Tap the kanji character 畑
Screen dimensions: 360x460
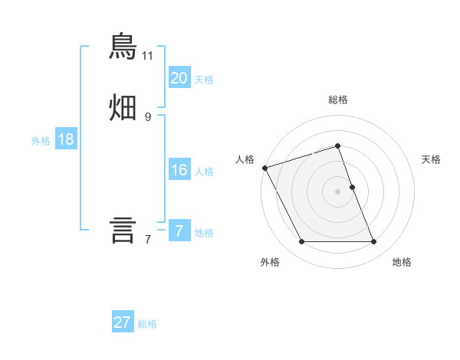pos(123,107)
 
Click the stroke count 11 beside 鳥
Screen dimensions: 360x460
pos(148,56)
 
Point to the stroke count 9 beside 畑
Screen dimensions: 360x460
pos(148,116)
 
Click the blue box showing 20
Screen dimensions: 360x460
pos(179,77)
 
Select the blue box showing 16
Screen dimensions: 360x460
pos(179,170)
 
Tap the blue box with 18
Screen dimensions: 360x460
pos(65,139)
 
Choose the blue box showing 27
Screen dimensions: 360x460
pos(123,322)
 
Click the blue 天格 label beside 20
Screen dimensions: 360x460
pos(204,80)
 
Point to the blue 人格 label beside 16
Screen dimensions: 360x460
pos(204,172)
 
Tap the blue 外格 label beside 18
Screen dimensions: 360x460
pos(41,141)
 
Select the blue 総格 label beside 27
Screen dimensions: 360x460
pos(147,325)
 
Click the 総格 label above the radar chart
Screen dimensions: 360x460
pos(338,100)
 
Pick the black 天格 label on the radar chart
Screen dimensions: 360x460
pos(432,159)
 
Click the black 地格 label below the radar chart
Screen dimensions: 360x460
pos(402,263)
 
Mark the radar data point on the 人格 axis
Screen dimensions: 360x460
pos(264,168)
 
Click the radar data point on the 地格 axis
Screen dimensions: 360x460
pos(374,242)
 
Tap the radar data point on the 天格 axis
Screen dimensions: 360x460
pos(352,186)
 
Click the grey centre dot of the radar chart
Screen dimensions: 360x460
pos(338,191)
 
